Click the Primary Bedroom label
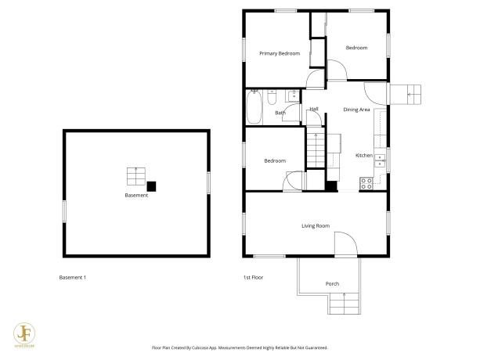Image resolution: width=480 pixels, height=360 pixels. click(x=280, y=53)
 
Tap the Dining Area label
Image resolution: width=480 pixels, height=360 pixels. click(x=356, y=110)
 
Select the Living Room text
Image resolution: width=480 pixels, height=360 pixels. click(x=316, y=226)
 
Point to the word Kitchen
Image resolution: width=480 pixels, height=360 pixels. click(x=364, y=155)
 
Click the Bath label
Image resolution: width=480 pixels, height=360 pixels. click(x=280, y=113)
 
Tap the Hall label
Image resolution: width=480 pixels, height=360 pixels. click(x=313, y=109)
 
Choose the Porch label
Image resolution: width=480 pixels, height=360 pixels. click(x=332, y=283)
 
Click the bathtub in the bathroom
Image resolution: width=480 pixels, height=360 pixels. click(x=254, y=107)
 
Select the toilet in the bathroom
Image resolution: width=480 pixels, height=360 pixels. click(x=272, y=96)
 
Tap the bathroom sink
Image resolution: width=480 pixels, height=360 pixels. click(x=291, y=95)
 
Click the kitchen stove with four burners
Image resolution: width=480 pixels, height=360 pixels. click(x=365, y=184)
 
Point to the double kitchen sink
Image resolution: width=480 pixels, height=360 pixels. click(x=380, y=162)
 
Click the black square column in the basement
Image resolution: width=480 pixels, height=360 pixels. click(x=152, y=185)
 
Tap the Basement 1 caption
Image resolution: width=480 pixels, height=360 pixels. click(x=73, y=278)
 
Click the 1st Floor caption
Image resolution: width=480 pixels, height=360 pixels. click(x=252, y=278)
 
